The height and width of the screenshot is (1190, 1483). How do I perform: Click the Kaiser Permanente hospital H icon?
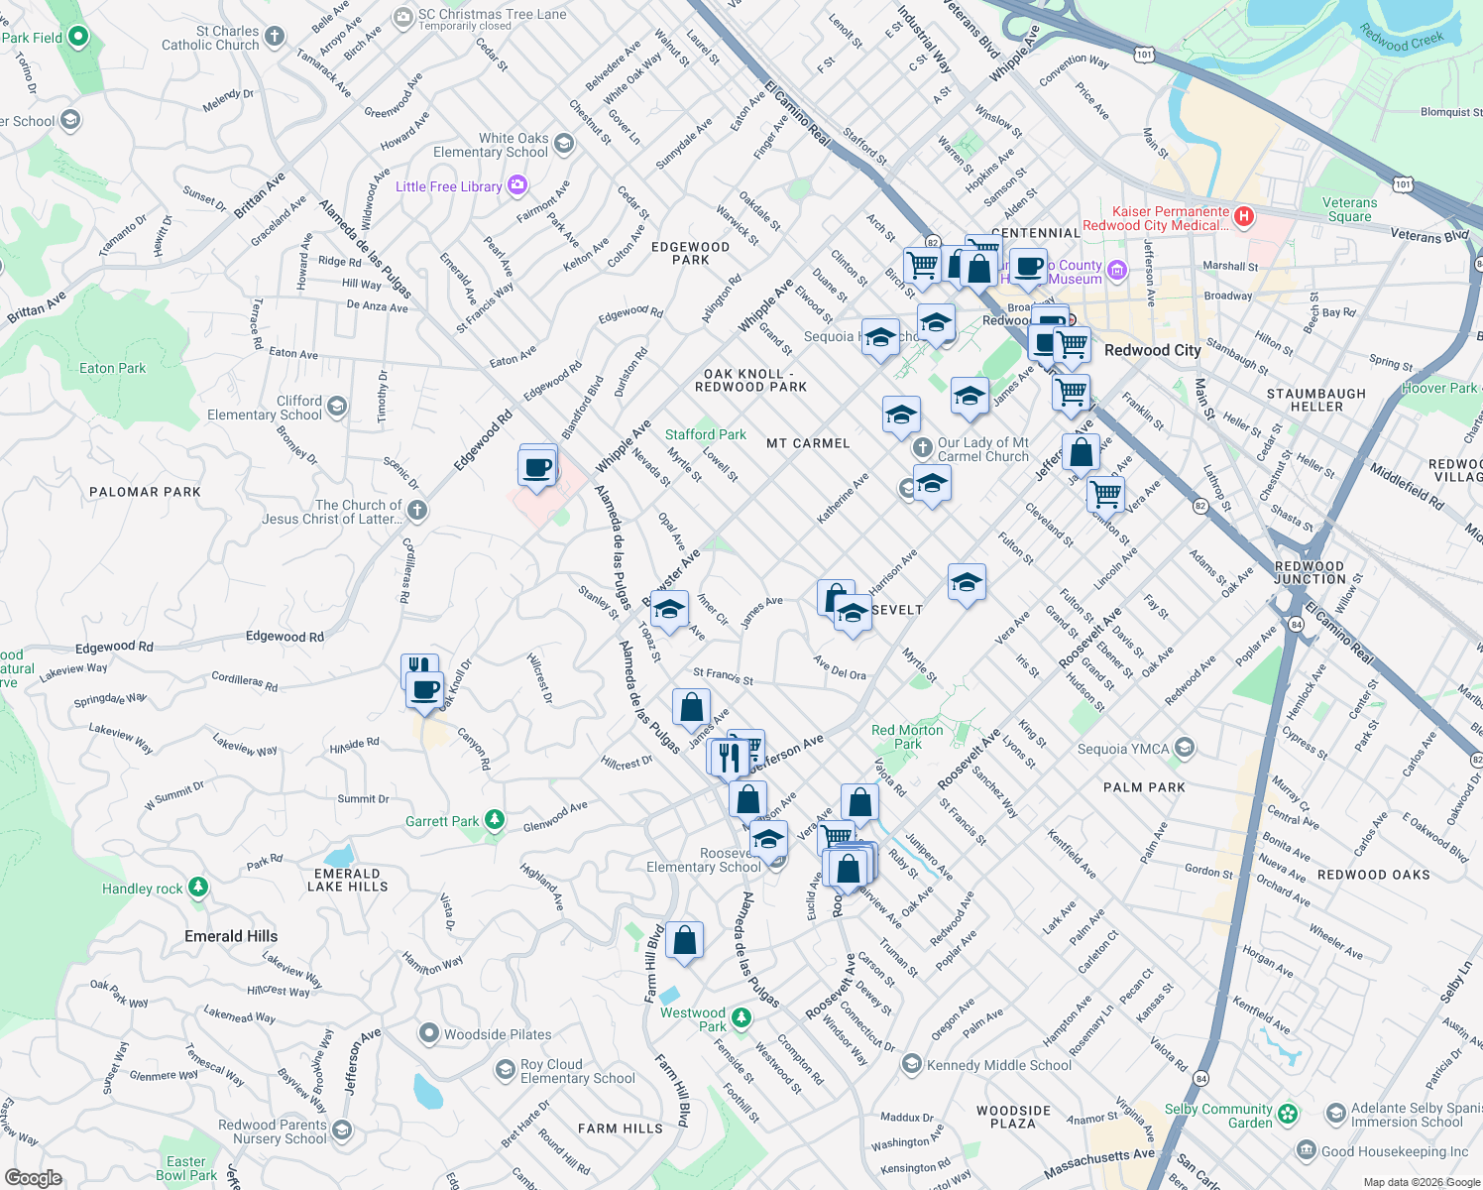tap(1244, 215)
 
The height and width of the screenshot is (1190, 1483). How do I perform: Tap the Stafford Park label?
tap(705, 434)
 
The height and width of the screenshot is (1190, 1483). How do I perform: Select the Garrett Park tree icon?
tap(495, 821)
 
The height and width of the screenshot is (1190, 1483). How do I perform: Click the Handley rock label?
tap(142, 889)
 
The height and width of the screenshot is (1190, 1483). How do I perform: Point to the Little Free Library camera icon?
tap(516, 185)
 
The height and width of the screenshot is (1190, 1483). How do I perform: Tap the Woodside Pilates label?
tap(497, 1034)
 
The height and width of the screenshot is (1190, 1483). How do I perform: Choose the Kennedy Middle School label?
tap(998, 1065)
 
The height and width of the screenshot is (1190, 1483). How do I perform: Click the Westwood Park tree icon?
tap(741, 1018)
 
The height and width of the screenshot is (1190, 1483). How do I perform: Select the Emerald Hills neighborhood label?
tap(231, 936)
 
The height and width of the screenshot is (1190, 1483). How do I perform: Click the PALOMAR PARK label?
tap(145, 492)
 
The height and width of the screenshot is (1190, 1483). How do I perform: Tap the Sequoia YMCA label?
tap(1123, 749)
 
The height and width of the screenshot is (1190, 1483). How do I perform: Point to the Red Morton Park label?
tap(907, 737)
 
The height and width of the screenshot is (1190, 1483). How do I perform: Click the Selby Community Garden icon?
tap(1288, 1115)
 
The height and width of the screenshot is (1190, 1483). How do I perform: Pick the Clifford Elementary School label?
tap(265, 408)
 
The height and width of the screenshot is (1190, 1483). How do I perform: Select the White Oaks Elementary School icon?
tap(564, 145)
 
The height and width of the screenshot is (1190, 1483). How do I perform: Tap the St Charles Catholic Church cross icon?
tap(275, 38)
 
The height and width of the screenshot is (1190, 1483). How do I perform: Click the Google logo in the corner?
tap(33, 1177)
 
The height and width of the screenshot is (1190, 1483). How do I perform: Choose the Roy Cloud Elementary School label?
tap(577, 1071)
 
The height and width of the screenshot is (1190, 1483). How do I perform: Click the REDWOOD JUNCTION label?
tap(1310, 572)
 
